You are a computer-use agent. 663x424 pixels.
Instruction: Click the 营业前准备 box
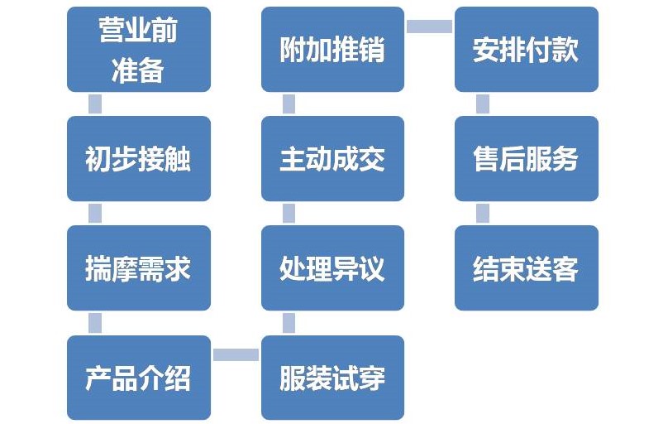[138, 50]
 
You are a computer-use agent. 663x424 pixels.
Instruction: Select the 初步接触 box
[138, 159]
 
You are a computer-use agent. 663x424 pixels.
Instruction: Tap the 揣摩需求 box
[138, 268]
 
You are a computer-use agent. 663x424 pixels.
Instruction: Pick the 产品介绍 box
[138, 378]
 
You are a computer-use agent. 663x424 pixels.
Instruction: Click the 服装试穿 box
[332, 378]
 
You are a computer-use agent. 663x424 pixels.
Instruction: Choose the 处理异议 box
[332, 268]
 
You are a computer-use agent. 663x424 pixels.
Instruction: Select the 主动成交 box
[332, 159]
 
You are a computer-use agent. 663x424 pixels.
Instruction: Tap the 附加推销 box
[332, 50]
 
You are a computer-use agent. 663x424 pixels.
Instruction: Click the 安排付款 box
[526, 50]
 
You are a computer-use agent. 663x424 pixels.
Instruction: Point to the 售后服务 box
[526, 159]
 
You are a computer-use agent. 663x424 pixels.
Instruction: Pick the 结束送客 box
[526, 268]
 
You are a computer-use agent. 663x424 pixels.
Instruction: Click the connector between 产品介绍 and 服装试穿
[236, 354]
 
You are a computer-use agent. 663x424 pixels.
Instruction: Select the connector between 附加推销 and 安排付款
[429, 26]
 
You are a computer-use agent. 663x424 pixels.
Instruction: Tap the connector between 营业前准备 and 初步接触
[95, 104]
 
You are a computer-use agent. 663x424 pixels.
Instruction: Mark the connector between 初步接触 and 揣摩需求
[95, 214]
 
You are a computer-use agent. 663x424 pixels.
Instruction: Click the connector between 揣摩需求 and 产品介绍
[95, 323]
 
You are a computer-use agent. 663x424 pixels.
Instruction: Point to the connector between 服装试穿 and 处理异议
[289, 323]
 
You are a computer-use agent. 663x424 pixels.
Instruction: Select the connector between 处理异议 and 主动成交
[289, 214]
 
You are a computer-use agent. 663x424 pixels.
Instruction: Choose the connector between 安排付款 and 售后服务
[483, 104]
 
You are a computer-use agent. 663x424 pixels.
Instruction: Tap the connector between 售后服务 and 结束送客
[483, 214]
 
